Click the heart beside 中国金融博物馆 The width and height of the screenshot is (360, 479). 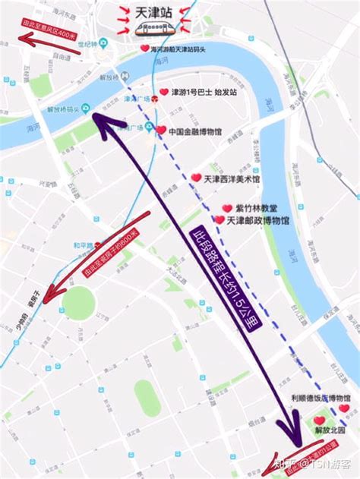tap(161, 131)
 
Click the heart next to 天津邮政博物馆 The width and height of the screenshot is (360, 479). tap(219, 220)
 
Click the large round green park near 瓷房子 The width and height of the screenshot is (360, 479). tap(78, 303)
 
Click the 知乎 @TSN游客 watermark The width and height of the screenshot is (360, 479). tap(313, 462)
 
